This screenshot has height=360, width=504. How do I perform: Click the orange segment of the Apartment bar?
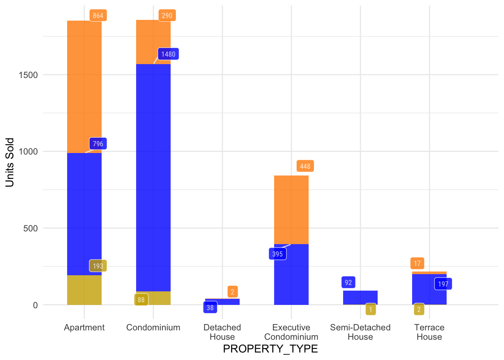coord(84,87)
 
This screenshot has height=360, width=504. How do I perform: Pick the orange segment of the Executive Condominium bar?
coord(291,210)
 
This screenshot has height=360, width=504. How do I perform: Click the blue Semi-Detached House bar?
coord(360,297)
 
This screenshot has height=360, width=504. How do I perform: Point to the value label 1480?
coord(168,54)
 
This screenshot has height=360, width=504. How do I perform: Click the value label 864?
coord(98,15)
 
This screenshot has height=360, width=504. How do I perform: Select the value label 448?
coord(305,166)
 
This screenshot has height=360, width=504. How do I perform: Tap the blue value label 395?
coord(277,254)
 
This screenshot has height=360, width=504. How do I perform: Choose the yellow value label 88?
coord(141,300)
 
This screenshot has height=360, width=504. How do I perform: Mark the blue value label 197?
coord(443,284)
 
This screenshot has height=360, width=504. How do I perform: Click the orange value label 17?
coord(417,263)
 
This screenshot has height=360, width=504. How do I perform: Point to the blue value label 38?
coord(210,307)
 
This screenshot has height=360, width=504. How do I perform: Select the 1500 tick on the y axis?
coord(28,75)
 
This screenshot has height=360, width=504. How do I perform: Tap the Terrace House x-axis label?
coord(429,332)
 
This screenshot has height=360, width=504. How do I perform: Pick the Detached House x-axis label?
coord(222,332)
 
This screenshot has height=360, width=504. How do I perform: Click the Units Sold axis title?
coord(10,162)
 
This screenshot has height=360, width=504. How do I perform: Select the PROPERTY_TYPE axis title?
coord(270,349)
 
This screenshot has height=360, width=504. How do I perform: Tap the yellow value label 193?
coord(98,266)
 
